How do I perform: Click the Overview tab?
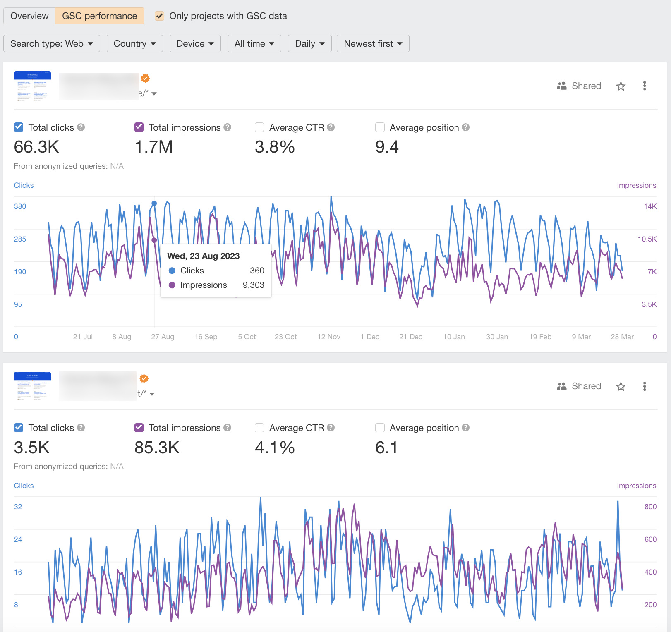point(29,16)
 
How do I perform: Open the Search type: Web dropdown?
point(52,44)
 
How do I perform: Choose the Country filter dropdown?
point(134,44)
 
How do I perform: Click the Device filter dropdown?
point(195,44)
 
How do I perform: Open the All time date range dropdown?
point(254,44)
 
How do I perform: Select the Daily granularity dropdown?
point(309,44)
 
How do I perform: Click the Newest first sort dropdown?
point(373,44)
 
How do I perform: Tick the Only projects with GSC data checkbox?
point(160,16)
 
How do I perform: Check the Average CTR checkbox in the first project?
point(260,127)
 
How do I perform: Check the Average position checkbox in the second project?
point(380,428)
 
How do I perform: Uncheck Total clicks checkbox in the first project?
point(19,127)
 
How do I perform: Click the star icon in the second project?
point(621,387)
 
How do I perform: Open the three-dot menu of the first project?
point(644,86)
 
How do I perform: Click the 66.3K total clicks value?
point(36,147)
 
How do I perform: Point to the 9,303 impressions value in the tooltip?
point(253,285)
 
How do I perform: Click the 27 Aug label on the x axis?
point(163,337)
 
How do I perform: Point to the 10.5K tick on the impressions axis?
point(647,239)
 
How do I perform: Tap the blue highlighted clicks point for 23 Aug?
point(154,203)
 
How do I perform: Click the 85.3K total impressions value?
point(157,448)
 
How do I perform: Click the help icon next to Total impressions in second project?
point(228,428)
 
